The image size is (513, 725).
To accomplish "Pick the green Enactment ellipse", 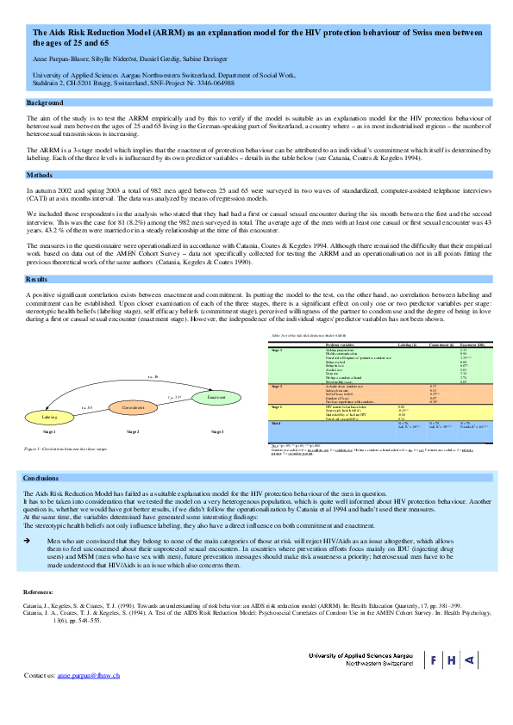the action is pos(216,397).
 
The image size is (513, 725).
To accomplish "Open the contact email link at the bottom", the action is pos(93,675).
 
